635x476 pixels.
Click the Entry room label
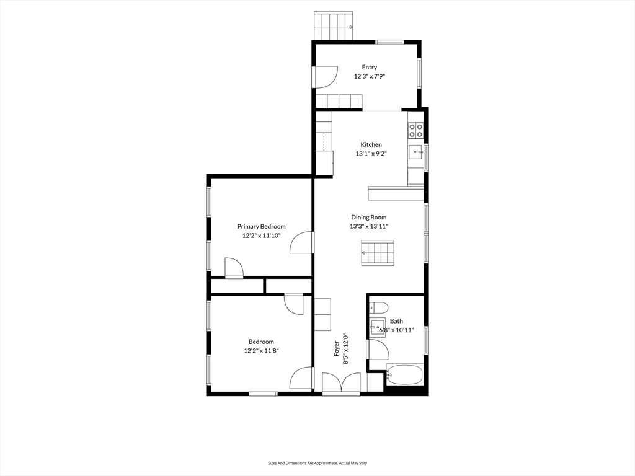pyautogui.click(x=369, y=67)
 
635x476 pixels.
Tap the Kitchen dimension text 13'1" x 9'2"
pyautogui.click(x=371, y=154)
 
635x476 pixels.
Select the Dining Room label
pyautogui.click(x=368, y=218)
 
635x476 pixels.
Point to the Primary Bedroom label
pyautogui.click(x=261, y=227)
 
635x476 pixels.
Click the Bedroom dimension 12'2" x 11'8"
pyautogui.click(x=261, y=351)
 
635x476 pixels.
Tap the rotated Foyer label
pyautogui.click(x=337, y=349)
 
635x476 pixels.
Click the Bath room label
pyautogui.click(x=396, y=321)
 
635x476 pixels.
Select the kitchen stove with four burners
pyautogui.click(x=415, y=130)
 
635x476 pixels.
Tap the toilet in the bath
pyautogui.click(x=378, y=307)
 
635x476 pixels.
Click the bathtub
pyautogui.click(x=404, y=374)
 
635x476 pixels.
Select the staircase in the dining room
pyautogui.click(x=378, y=253)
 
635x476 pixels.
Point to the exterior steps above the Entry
pyautogui.click(x=333, y=25)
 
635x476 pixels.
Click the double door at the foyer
pyautogui.click(x=341, y=382)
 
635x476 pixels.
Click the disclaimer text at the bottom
pyautogui.click(x=317, y=463)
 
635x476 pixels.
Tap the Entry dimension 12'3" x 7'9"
pyautogui.click(x=369, y=76)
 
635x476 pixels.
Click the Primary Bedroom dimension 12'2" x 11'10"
pyautogui.click(x=261, y=236)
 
